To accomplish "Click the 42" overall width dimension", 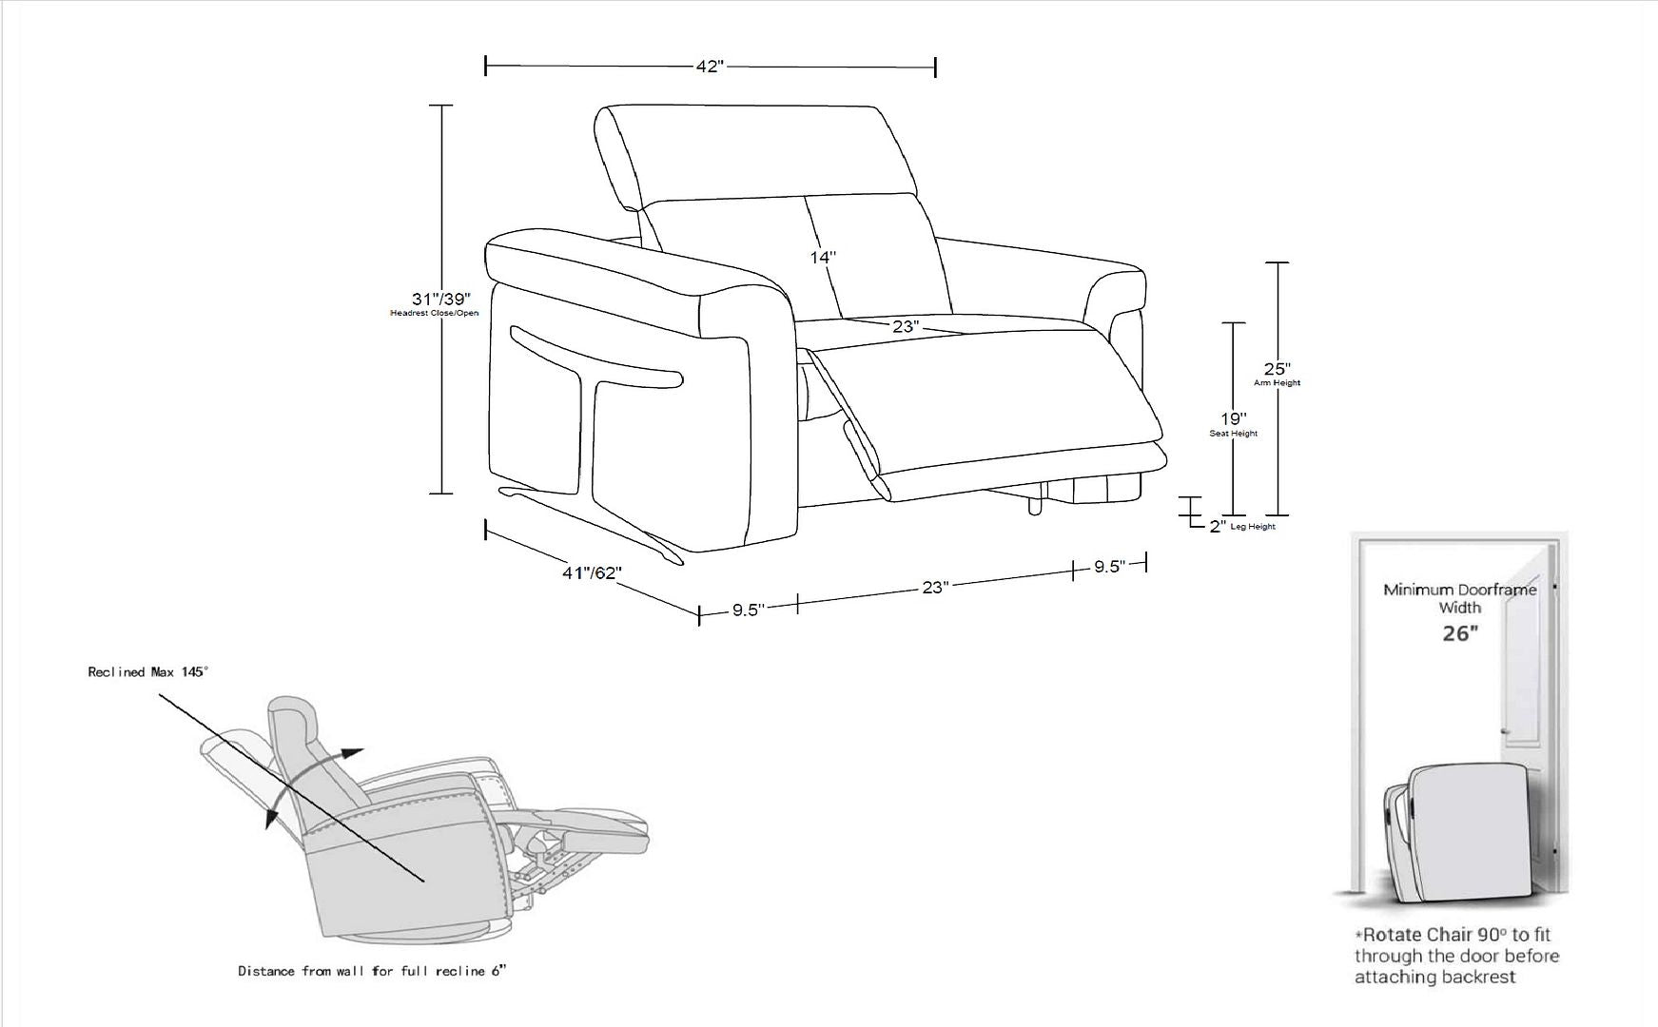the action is tap(710, 67).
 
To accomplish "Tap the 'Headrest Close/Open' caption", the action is tap(435, 314).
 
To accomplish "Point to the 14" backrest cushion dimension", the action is tap(824, 257).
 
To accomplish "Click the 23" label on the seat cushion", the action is tap(906, 326).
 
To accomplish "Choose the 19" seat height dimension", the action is tap(1234, 418).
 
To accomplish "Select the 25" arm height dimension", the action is tap(1278, 369).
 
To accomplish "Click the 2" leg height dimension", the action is tap(1218, 526).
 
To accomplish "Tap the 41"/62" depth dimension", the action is tap(592, 573).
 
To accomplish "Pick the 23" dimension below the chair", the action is tap(935, 588).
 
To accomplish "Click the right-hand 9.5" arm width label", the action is tap(1109, 567).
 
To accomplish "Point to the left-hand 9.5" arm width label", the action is tap(749, 610).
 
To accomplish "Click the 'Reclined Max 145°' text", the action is tap(147, 672).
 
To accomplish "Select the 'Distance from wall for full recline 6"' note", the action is tap(372, 971).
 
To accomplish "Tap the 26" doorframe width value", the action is tap(1460, 633).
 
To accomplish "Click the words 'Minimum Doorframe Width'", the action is tap(1460, 598).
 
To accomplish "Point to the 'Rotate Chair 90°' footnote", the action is tap(1456, 956).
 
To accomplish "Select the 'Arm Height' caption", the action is tap(1278, 383).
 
